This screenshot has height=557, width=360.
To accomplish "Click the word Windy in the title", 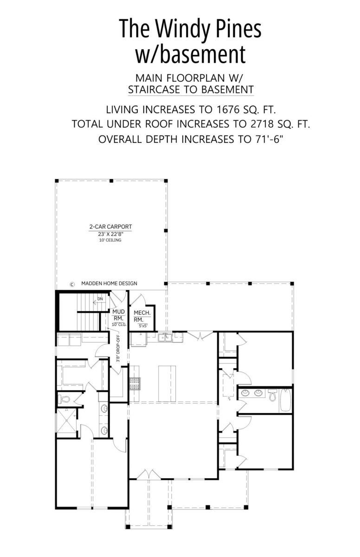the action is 183,29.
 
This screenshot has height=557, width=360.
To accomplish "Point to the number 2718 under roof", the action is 262,124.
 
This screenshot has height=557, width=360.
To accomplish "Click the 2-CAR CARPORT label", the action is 110,227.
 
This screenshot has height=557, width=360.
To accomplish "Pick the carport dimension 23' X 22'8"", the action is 110,234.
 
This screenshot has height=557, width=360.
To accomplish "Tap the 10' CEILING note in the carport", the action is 110,240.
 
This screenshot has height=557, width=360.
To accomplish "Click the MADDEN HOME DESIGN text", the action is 109,283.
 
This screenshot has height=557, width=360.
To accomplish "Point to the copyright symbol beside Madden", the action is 72,284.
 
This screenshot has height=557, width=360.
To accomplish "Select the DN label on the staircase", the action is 100,299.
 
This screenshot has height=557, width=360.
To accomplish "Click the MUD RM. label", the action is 118,315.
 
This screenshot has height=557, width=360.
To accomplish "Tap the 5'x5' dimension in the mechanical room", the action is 143,326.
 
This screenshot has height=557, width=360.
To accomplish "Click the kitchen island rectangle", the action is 167,383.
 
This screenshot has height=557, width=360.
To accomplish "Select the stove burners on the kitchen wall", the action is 135,383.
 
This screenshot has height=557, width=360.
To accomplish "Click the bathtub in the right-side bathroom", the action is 285,400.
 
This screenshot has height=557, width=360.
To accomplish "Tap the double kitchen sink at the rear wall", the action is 165,337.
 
